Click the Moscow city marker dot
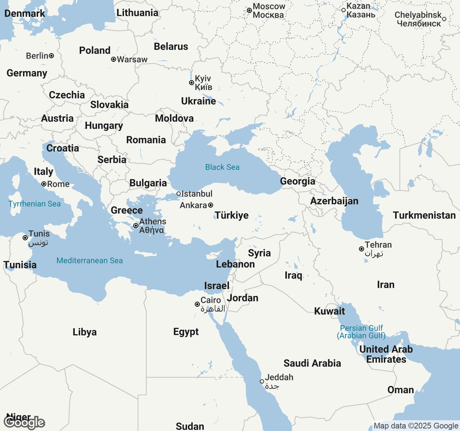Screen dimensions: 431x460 (249, 11)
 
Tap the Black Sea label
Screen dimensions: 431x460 (222, 167)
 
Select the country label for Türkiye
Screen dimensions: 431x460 (232, 215)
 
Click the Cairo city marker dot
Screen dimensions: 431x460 (197, 304)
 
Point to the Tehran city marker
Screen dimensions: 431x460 (362, 249)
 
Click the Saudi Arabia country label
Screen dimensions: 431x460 (312, 363)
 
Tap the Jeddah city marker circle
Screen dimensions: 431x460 (262, 381)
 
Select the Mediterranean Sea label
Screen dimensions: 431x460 (89, 261)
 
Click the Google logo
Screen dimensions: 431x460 (24, 423)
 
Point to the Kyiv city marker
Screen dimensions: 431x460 (192, 83)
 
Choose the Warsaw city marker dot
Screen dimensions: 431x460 (114, 59)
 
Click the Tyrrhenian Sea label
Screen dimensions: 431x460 (34, 204)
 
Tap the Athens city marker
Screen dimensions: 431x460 (136, 226)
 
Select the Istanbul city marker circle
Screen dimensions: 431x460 (179, 194)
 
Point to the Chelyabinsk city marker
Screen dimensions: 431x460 (444, 19)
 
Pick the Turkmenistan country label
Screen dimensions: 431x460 (424, 215)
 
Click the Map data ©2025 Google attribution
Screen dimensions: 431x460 (416, 426)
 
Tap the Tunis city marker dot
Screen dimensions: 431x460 (25, 238)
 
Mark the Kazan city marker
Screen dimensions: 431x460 (344, 10)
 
